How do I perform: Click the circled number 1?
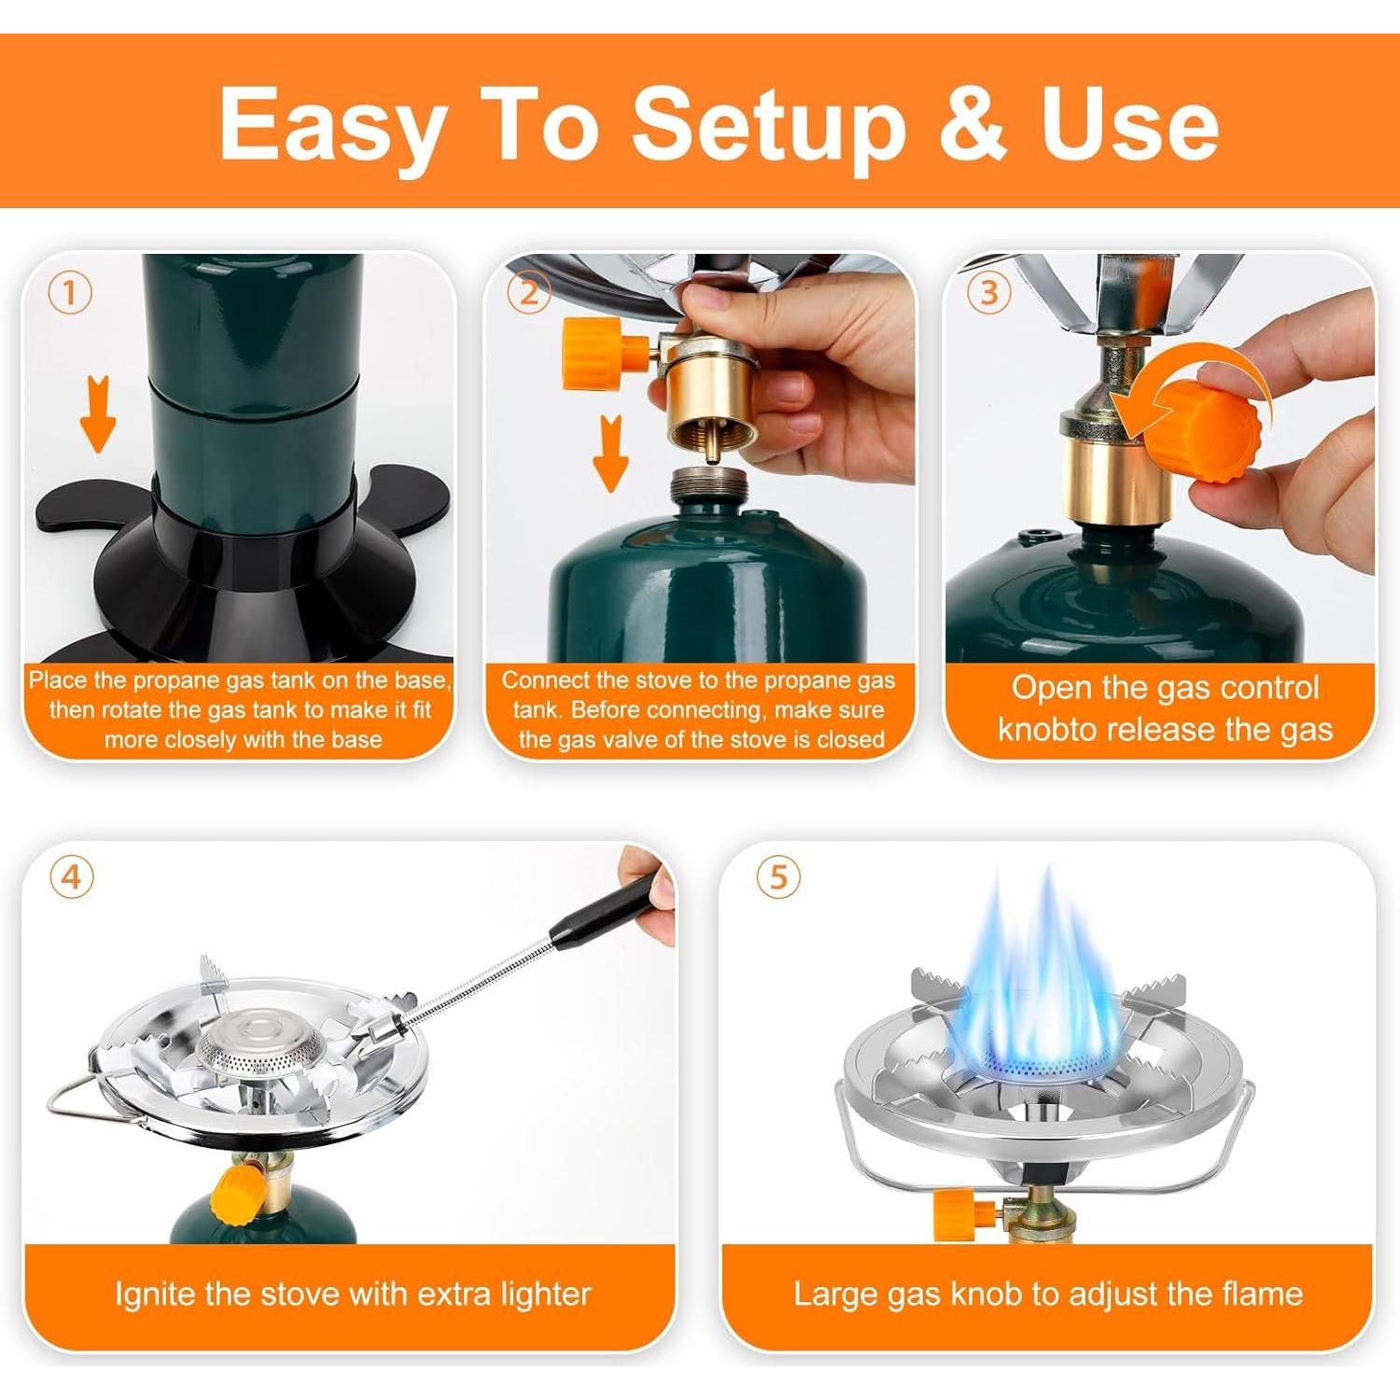click(x=70, y=294)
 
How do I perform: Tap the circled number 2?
click(x=528, y=294)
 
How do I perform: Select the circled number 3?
click(x=988, y=294)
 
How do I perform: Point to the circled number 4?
click(x=72, y=878)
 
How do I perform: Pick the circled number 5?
click(x=778, y=878)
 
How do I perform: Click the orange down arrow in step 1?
click(x=97, y=415)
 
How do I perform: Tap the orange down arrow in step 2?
click(x=611, y=455)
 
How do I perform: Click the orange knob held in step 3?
click(x=1204, y=434)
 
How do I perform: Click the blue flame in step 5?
click(x=1036, y=989)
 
